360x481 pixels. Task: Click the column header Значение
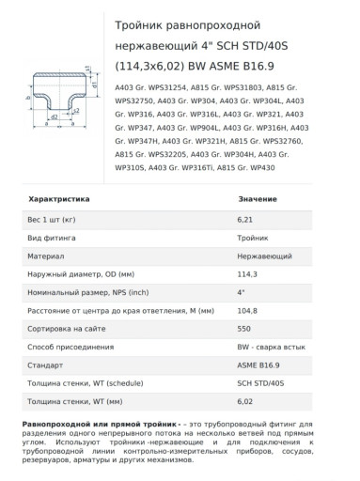click(x=258, y=199)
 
